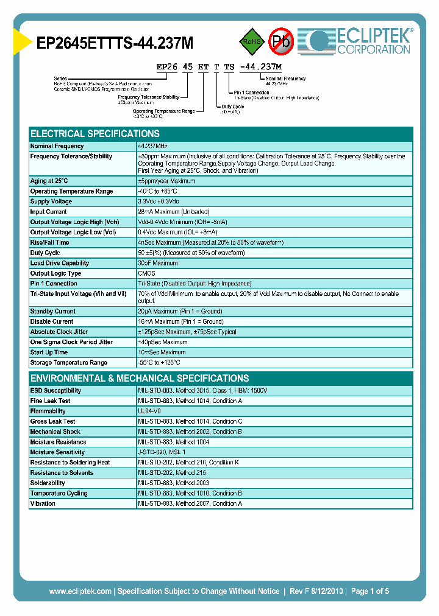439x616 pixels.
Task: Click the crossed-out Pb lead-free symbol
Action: (x=282, y=41)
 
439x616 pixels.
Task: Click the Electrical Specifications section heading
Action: (x=95, y=134)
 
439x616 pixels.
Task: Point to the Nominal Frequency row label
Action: (x=57, y=147)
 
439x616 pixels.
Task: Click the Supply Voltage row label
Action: (x=51, y=201)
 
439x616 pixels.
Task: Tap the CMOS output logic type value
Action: (x=146, y=273)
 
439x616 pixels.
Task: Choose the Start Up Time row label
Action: (x=49, y=352)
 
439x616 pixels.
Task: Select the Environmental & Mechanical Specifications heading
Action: (x=140, y=378)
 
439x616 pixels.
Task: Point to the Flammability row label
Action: (x=48, y=411)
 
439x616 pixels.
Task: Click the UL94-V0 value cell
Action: (x=149, y=411)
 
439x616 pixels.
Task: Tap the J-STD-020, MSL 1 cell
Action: (x=162, y=452)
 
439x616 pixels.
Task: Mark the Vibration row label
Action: (x=43, y=503)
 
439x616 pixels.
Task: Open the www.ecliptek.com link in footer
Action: (x=80, y=591)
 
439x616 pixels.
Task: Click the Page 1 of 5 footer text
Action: (x=371, y=591)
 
